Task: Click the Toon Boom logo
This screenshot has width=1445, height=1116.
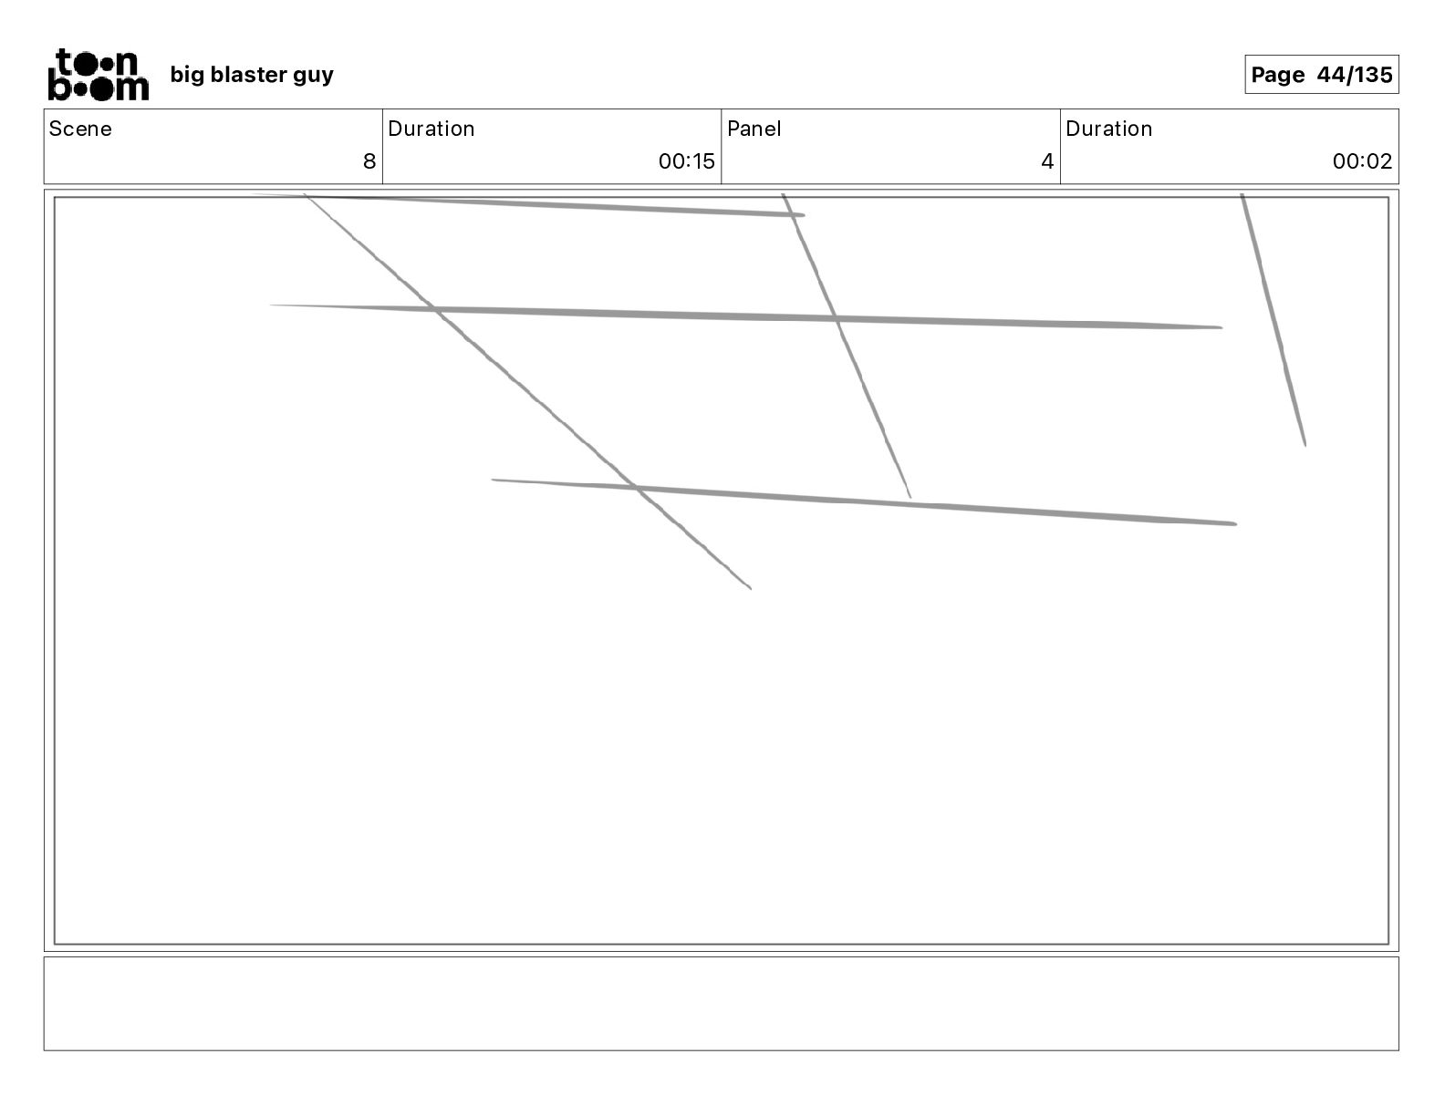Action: pos(98,74)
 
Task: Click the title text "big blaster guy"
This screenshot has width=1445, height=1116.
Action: pos(252,75)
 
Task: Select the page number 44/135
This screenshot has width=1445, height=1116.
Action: pos(1355,75)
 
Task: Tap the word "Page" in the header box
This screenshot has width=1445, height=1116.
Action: pos(1277,75)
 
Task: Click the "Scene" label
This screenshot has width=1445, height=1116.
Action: pos(80,129)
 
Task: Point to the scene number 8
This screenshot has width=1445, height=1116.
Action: pos(369,161)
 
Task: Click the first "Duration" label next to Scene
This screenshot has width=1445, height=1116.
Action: pos(431,129)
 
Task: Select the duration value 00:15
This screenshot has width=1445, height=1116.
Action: pos(686,161)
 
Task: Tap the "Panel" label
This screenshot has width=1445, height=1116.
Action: pos(754,129)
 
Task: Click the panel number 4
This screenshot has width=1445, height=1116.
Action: pos(1046,161)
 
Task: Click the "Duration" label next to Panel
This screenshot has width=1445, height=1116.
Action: pos(1108,129)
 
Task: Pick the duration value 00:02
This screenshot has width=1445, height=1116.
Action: pos(1362,161)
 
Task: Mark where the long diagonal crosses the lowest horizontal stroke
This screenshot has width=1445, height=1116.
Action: pos(636,488)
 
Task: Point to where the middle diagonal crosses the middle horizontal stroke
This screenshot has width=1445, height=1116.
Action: pos(836,319)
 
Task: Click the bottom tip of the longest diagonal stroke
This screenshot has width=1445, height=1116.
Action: pos(750,588)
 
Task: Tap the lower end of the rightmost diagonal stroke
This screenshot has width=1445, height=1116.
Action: pos(1305,445)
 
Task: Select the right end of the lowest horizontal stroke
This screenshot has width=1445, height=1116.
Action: pos(1234,524)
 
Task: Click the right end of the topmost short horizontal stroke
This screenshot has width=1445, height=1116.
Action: pos(803,215)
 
